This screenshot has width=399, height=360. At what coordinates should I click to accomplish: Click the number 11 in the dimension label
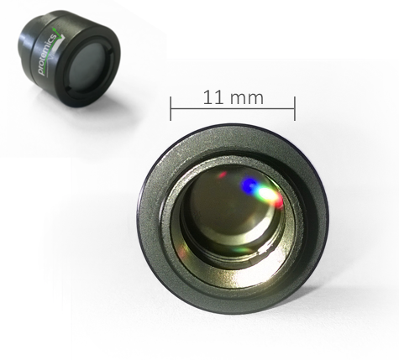point(213,97)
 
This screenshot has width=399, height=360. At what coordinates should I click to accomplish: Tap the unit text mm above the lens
point(247,98)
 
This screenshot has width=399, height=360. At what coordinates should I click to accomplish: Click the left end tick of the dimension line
point(171,108)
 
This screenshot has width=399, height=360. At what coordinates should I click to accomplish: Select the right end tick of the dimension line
point(295,108)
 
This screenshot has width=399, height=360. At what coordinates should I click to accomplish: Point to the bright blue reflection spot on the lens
point(249,185)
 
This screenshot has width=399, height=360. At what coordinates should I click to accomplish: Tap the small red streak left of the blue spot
point(223,175)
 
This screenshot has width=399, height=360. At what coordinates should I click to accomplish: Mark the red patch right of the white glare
point(279,201)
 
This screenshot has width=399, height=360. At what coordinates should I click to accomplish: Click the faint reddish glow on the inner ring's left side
point(182,253)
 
